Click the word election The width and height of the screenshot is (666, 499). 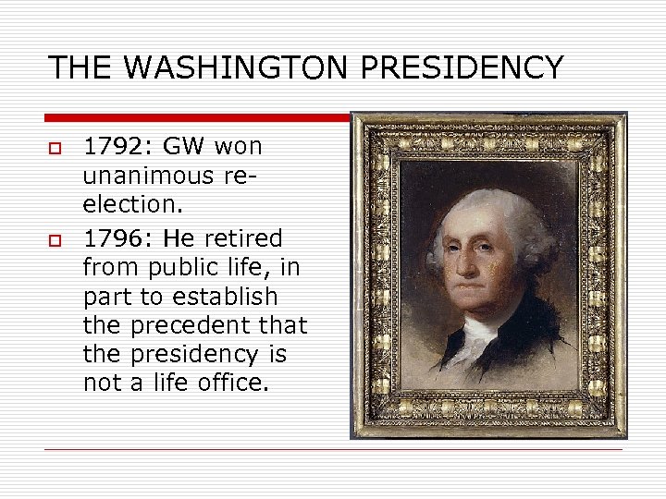click(x=129, y=204)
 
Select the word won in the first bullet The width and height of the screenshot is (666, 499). click(x=238, y=146)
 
